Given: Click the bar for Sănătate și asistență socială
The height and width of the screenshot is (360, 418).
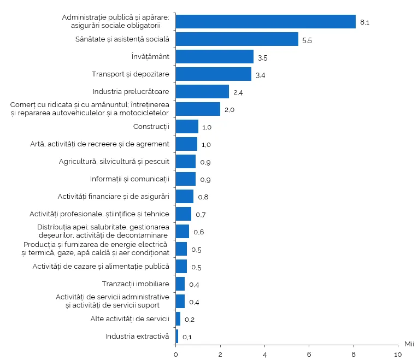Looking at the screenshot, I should click(237, 39).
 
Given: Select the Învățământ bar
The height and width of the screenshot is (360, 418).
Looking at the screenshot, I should click(214, 57).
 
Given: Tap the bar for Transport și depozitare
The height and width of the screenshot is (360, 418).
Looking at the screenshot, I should click(213, 74).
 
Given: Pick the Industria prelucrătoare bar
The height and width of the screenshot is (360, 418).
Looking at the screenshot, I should click(202, 92).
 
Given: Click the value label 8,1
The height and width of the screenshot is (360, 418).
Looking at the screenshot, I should click(365, 23).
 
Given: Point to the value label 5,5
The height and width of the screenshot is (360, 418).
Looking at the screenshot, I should click(307, 40).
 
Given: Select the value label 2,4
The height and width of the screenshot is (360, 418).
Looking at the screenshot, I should click(238, 93).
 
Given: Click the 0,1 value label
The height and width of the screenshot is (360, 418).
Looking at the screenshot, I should click(187, 337).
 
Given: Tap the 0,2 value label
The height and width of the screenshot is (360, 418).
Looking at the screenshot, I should click(189, 320).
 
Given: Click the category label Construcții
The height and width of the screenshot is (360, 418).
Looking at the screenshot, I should click(151, 127).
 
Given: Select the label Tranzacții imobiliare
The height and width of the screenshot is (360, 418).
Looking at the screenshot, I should click(136, 284).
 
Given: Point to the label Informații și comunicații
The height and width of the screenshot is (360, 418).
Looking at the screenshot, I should click(129, 179).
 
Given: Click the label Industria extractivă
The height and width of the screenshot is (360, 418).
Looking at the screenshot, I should click(137, 336).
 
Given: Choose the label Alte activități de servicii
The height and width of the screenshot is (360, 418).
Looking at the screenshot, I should click(129, 318).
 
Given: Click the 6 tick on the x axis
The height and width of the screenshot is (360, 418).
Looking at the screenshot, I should click(309, 353).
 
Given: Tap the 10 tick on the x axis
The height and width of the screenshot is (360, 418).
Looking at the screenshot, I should click(398, 353).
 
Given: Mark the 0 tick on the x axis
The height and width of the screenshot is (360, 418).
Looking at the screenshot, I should click(176, 353).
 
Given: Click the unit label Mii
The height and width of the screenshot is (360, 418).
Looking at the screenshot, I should click(409, 343).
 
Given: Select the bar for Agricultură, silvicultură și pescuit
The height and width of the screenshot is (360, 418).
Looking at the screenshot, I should click(185, 162).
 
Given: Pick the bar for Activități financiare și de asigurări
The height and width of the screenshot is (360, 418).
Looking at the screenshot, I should click(184, 197).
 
